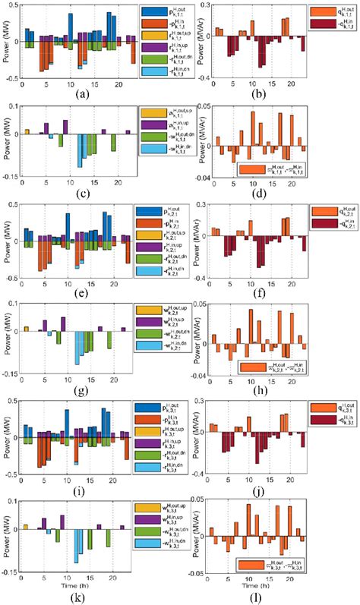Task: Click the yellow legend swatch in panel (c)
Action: (150, 112)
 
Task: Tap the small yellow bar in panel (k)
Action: (26, 525)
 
